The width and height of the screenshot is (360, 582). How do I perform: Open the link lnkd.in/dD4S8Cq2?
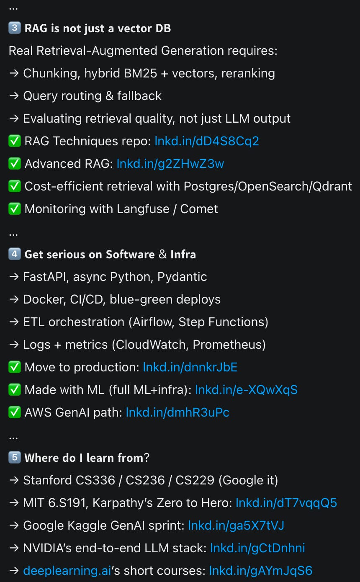click(207, 141)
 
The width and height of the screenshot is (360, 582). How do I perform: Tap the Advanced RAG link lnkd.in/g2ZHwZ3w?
click(170, 164)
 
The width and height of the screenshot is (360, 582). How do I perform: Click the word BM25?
click(140, 73)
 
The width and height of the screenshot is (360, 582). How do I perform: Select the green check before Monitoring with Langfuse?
click(15, 209)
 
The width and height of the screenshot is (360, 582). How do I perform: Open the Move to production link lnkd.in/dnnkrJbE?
click(190, 367)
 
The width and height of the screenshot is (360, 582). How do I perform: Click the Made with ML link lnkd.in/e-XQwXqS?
click(246, 390)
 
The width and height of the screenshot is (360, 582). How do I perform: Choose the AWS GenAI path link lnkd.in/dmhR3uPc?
click(177, 412)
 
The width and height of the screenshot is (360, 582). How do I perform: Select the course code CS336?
click(90, 480)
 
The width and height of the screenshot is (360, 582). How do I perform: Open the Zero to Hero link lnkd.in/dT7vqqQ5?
click(286, 503)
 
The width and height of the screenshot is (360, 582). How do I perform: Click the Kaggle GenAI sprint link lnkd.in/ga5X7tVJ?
click(236, 525)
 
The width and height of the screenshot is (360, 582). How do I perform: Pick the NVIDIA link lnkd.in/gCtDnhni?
click(257, 548)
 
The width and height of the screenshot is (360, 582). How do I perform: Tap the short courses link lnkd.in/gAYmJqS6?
click(260, 571)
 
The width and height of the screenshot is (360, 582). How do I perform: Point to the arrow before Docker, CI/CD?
click(14, 300)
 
